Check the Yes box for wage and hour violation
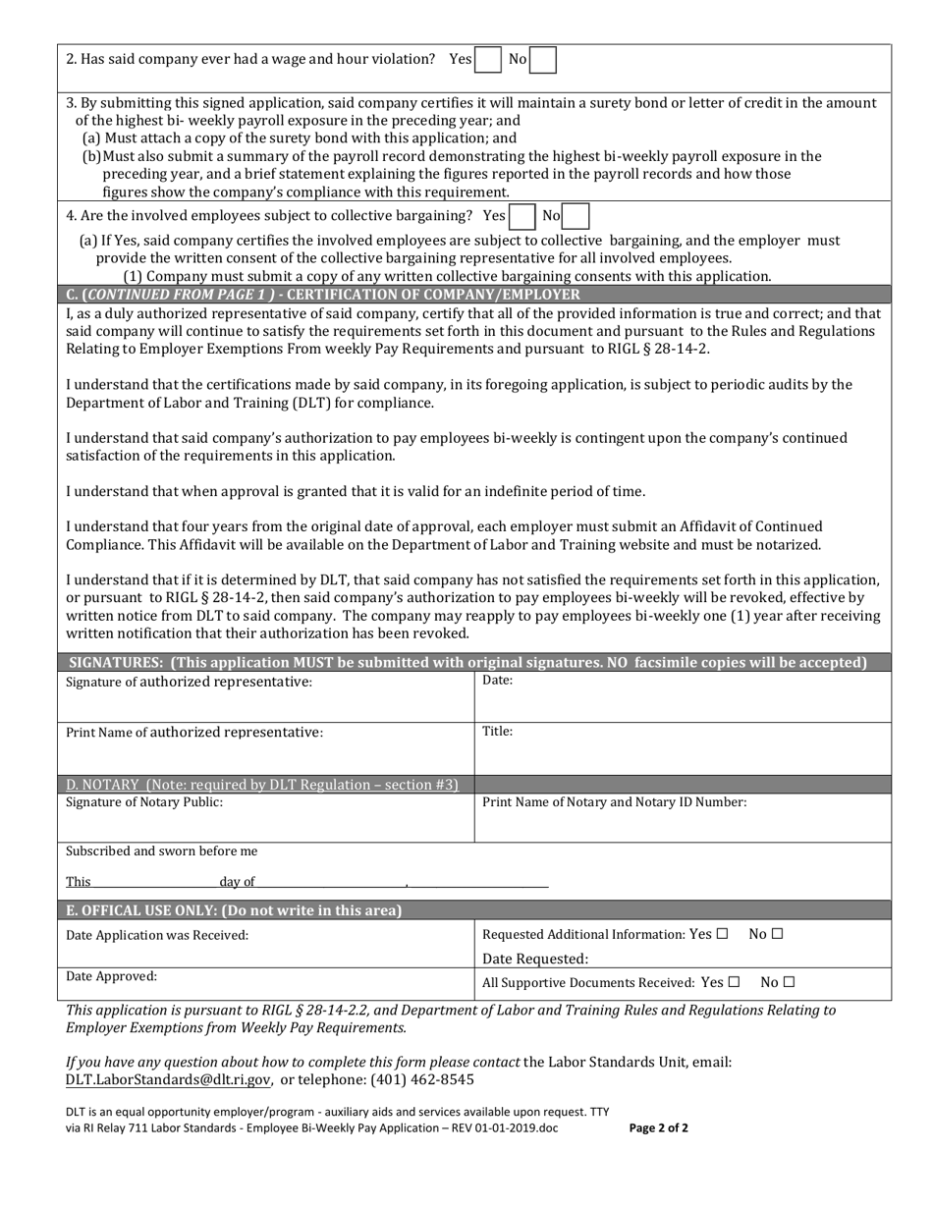point(488,60)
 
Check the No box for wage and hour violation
point(543,60)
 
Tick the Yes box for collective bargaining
point(521,216)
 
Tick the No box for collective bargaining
point(576,216)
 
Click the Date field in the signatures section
point(683,698)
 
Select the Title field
point(683,750)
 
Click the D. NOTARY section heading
point(262,785)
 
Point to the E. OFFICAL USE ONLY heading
point(234,910)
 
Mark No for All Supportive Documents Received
point(790,982)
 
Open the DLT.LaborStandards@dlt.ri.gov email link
point(168,1080)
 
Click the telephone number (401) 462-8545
point(421,1080)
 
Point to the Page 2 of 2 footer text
point(658,1128)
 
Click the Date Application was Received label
point(157,936)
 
